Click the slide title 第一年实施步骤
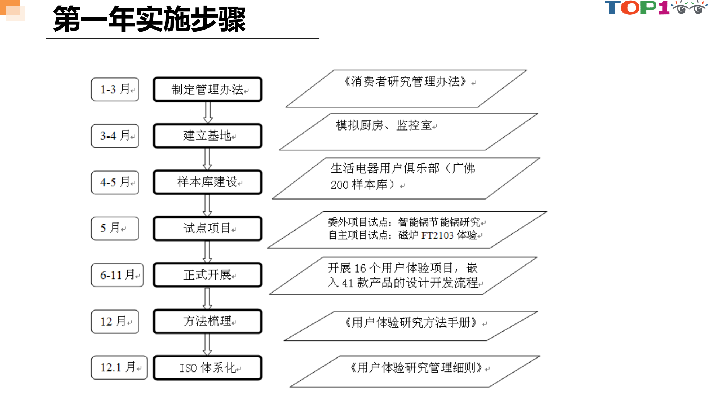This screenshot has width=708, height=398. click(x=149, y=19)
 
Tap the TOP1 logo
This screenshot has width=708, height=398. click(x=655, y=8)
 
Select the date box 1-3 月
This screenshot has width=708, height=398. click(x=115, y=89)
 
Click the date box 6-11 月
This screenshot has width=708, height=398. click(x=117, y=275)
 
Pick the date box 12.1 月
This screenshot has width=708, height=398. click(x=119, y=367)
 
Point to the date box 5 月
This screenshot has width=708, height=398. click(x=115, y=228)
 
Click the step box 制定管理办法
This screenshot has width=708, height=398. click(x=208, y=89)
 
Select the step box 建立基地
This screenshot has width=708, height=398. click(x=208, y=136)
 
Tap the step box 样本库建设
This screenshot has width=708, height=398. click(x=208, y=182)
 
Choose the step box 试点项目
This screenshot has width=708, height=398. click(x=208, y=229)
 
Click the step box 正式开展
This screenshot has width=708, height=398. click(x=208, y=275)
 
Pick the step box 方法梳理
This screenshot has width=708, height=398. click(x=208, y=321)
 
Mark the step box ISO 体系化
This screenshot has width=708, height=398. click(x=208, y=368)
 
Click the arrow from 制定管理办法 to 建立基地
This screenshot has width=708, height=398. click(x=208, y=113)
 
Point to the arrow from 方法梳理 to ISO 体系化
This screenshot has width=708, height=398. click(x=208, y=345)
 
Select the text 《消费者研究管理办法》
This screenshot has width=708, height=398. click(x=405, y=82)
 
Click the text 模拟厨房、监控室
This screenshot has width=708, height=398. click(x=384, y=125)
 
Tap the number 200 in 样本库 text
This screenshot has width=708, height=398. click(x=339, y=185)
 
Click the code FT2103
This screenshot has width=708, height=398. click(x=438, y=235)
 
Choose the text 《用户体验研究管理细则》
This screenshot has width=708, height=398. click(x=416, y=368)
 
